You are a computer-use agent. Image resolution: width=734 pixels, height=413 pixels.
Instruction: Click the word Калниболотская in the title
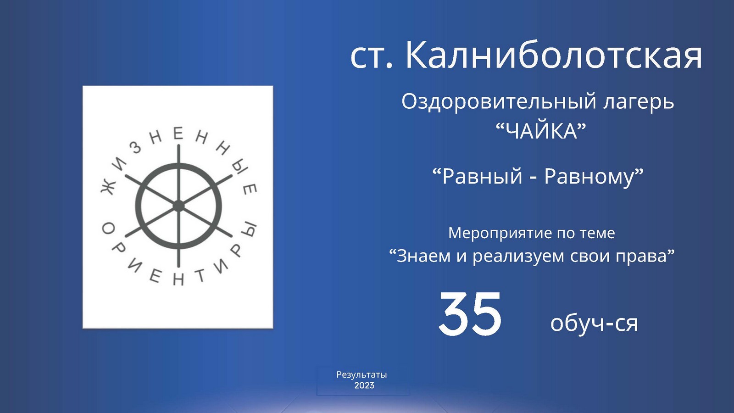point(554,54)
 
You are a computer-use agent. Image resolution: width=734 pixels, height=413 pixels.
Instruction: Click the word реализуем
point(518,257)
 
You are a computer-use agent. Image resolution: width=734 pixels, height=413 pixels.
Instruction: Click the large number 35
point(470,314)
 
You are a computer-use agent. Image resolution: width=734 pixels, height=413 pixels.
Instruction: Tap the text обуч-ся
point(594,323)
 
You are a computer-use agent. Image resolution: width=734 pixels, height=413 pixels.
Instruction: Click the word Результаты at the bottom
point(361,375)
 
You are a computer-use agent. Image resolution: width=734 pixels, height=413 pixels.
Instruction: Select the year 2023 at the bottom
point(364,385)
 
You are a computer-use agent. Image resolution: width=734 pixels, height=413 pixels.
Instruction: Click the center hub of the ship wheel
point(178,206)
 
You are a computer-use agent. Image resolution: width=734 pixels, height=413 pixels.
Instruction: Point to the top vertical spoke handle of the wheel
point(178,154)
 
